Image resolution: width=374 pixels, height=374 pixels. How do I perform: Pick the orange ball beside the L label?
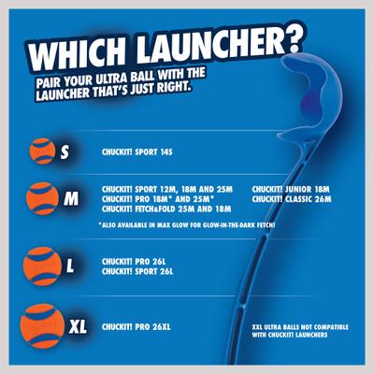pos(47,264)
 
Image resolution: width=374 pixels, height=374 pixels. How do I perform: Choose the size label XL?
pos(79,326)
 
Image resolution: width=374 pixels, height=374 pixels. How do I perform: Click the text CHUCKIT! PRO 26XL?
pos(135,325)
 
